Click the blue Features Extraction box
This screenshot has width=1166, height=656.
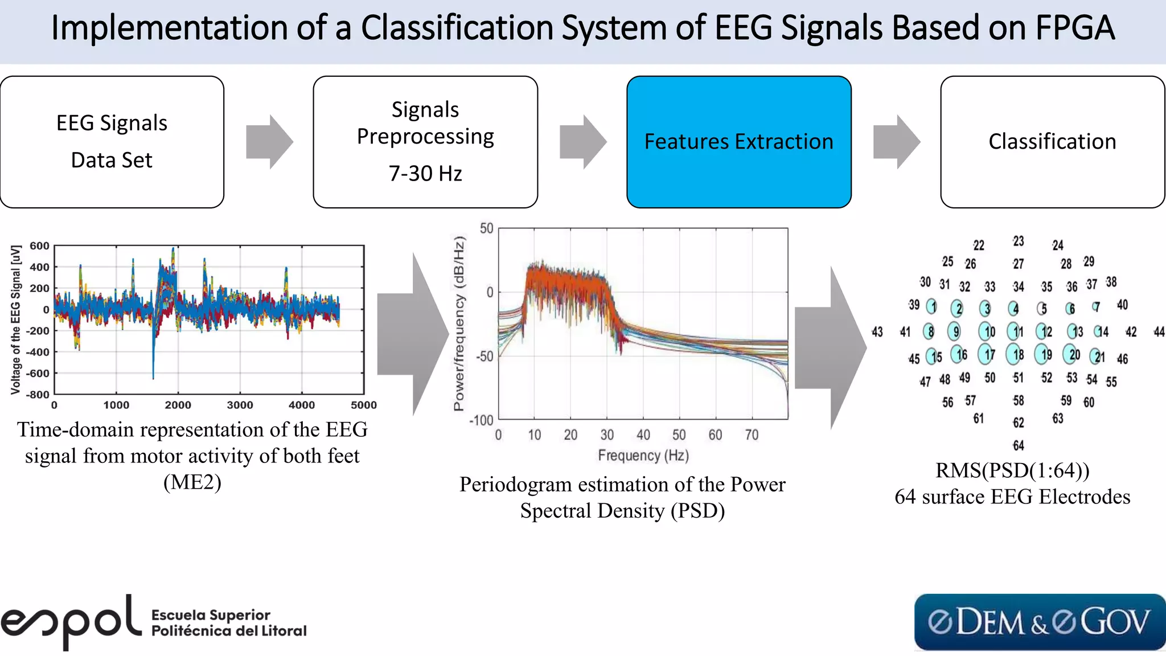(x=738, y=142)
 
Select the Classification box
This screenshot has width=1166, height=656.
(x=1052, y=142)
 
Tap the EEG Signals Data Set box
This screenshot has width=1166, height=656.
(x=112, y=142)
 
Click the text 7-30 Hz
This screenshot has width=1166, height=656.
(x=425, y=174)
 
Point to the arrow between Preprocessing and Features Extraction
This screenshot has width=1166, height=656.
(x=582, y=142)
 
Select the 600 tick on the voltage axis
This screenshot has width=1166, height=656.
(x=39, y=246)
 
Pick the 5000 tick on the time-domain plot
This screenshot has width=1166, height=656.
(x=363, y=405)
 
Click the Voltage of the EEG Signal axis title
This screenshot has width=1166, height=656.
(x=16, y=319)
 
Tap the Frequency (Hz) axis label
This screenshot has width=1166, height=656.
(x=643, y=456)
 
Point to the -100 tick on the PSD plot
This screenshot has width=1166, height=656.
(x=481, y=420)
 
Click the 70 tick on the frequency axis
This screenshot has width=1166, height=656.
(x=752, y=435)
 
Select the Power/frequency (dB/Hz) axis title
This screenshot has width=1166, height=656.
(x=459, y=323)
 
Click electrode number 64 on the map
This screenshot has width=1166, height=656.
(x=1018, y=445)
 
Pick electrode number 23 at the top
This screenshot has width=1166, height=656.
(x=1018, y=241)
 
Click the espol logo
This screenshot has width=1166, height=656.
(x=71, y=622)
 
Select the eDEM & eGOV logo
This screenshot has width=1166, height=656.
(x=1039, y=622)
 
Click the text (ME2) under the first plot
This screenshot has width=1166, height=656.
(x=192, y=482)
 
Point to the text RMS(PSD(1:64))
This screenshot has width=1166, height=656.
(x=1012, y=470)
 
